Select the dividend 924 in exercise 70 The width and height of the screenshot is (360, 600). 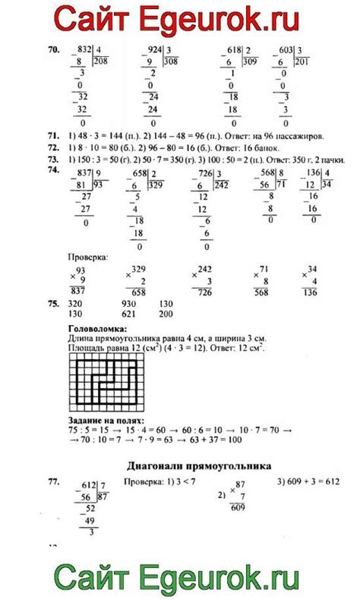[x=153, y=47]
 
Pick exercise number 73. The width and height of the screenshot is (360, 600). [x=52, y=159]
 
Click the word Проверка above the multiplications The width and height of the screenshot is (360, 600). [x=88, y=258]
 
